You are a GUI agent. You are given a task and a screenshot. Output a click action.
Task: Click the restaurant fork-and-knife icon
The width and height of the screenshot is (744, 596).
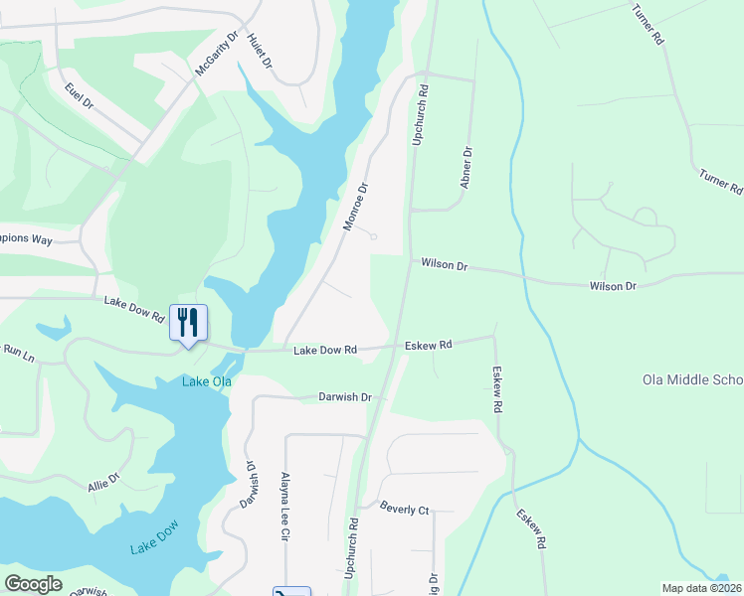[x=188, y=322]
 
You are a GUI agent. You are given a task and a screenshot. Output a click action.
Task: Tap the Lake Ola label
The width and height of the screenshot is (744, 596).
[x=206, y=381]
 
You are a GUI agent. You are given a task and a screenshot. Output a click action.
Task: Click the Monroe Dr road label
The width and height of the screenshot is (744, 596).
[x=356, y=206]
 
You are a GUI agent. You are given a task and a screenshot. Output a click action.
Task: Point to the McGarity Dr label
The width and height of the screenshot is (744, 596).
[x=217, y=54]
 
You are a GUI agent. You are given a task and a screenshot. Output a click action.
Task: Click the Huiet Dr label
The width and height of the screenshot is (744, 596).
[x=260, y=49]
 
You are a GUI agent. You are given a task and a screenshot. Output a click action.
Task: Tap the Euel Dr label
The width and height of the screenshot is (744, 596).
[x=79, y=96]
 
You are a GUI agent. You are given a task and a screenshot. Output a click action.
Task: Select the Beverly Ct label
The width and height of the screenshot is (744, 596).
[x=404, y=510]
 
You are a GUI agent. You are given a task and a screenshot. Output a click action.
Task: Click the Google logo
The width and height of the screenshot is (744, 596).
[x=33, y=584]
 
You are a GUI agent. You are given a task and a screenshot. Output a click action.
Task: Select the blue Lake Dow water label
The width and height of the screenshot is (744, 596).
[x=153, y=537]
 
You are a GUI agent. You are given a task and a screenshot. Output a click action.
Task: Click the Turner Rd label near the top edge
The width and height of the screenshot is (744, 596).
[x=647, y=24]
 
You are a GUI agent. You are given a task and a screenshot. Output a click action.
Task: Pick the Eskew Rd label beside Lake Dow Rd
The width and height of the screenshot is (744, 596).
[x=429, y=345]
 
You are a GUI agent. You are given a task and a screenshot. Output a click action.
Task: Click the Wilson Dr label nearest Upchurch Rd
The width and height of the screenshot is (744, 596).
[x=444, y=264]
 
